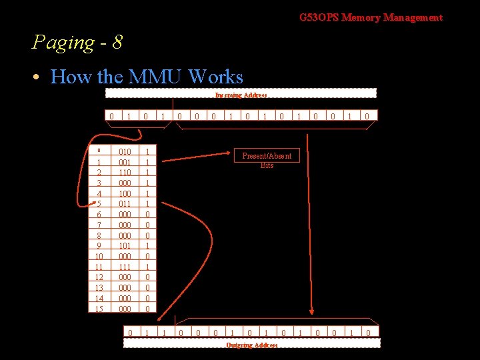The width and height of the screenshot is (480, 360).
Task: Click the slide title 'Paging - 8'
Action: (x=77, y=43)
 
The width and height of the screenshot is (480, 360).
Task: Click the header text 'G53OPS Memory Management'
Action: (x=371, y=17)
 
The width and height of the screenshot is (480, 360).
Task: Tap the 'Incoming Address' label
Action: (x=241, y=95)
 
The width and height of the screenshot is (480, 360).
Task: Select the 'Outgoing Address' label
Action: (x=252, y=345)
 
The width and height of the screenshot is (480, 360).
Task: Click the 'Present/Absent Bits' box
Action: (x=267, y=160)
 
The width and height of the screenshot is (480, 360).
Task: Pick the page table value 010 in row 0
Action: (x=124, y=151)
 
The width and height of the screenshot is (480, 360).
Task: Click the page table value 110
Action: (x=124, y=171)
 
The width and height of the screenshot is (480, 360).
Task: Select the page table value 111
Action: (x=124, y=267)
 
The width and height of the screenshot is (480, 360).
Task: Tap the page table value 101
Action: (x=124, y=245)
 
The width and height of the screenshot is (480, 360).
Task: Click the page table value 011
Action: (x=124, y=203)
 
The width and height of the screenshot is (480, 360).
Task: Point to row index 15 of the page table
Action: (x=99, y=309)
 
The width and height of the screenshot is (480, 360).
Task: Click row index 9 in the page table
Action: (x=99, y=245)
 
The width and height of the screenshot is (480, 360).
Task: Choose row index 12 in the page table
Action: (x=99, y=277)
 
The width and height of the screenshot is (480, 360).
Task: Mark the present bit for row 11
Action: (x=147, y=267)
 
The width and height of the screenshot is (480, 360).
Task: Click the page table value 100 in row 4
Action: (x=124, y=193)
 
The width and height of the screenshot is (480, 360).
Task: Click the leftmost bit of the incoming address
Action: (x=111, y=116)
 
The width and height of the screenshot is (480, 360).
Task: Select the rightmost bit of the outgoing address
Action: (x=367, y=332)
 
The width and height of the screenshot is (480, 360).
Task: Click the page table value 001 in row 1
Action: (x=124, y=161)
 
